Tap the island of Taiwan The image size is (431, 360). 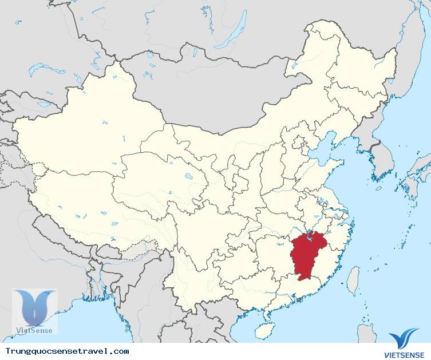coord(353,279)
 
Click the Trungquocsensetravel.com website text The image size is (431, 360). coord(67,351)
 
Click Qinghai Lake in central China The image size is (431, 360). coord(188,177)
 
